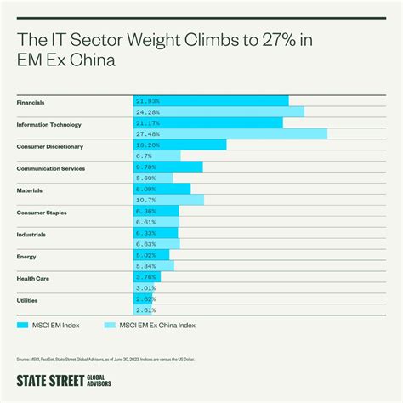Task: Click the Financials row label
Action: pos(31,102)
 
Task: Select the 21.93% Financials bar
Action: pos(211,101)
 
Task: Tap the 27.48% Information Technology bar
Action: pos(230,134)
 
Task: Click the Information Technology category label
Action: pos(49,124)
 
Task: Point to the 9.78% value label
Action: pos(146,167)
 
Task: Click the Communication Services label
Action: pos(51,168)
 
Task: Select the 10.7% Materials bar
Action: pos(169,201)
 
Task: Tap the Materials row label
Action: pos(29,190)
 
